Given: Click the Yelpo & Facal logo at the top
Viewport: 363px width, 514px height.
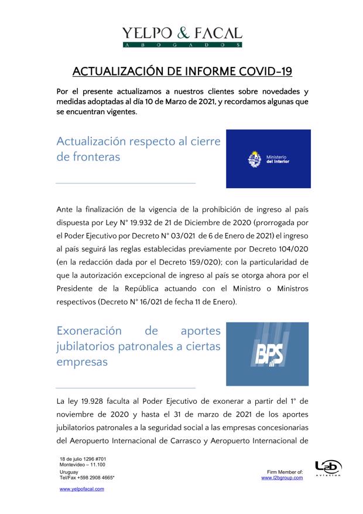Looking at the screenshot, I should pos(181,36).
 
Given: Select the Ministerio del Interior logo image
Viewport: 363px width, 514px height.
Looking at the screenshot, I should pos(268,159).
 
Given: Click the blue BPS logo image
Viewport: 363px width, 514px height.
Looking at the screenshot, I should pos(268,353).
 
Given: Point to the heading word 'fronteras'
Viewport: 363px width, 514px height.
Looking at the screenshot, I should pos(88,157).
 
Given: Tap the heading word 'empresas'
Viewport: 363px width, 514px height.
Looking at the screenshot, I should pos(82,362).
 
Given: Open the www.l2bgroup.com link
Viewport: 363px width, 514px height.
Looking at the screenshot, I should pos(282,478).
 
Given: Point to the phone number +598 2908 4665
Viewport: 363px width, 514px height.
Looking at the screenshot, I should pos(94,478).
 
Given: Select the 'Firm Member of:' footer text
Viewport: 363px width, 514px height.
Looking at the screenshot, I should pos(285,472).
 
